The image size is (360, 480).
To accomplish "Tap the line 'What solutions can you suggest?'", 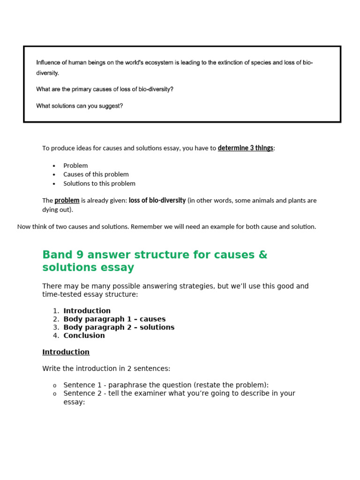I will tap(79, 106).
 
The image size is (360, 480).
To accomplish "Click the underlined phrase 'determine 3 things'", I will tap(246, 148).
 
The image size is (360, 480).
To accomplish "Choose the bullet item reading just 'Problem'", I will tap(75, 165).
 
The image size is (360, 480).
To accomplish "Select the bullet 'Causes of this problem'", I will tap(96, 174).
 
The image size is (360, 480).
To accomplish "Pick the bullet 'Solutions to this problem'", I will tap(99, 183).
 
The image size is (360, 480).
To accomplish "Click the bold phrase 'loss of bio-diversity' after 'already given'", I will tap(157, 201).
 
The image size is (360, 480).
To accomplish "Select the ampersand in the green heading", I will tap(262, 255).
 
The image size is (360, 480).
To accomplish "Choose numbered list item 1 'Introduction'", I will tap(87, 311).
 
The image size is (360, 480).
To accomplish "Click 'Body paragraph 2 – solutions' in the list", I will tap(119, 327).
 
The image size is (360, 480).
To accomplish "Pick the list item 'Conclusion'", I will tap(84, 336).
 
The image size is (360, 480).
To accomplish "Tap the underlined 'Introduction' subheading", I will tap(66, 352).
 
